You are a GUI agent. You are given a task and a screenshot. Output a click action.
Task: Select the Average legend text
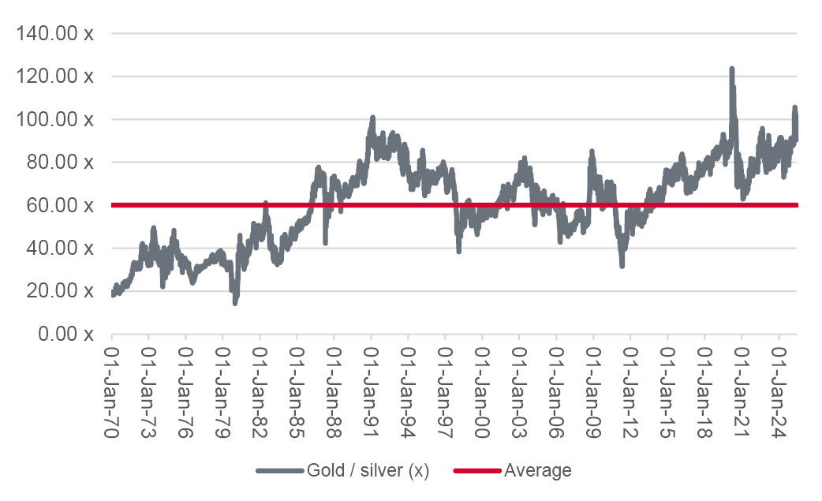tap(537, 471)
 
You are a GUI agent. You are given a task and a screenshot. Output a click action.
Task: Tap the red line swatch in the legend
tap(476, 471)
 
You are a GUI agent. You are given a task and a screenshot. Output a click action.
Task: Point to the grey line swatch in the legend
tap(279, 471)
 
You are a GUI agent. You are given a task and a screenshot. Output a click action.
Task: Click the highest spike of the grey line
tap(732, 69)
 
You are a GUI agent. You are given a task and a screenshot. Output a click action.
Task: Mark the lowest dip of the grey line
tap(235, 302)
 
